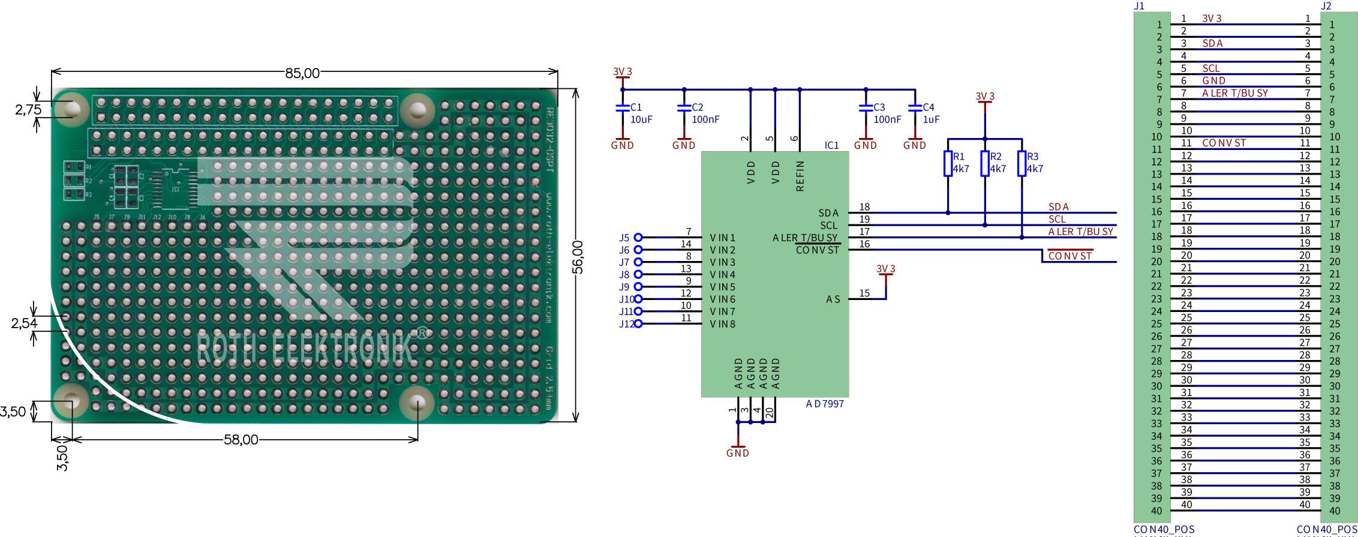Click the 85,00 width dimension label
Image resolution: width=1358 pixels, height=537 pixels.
(x=302, y=73)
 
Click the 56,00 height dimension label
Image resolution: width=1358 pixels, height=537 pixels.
(x=578, y=257)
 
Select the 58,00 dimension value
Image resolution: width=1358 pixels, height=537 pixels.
(x=241, y=440)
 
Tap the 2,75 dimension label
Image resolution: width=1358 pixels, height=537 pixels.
(x=28, y=109)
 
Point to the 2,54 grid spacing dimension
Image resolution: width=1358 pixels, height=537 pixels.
(x=24, y=323)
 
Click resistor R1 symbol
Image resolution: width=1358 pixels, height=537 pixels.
(x=948, y=163)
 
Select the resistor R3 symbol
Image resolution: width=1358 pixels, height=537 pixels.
(x=1021, y=163)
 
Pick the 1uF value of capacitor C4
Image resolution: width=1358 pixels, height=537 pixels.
(x=931, y=119)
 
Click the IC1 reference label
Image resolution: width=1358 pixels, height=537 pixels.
(x=831, y=145)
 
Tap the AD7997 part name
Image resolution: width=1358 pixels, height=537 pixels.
(x=824, y=404)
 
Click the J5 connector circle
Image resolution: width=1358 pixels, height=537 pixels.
(x=638, y=238)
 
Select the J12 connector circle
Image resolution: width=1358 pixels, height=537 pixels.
(x=638, y=323)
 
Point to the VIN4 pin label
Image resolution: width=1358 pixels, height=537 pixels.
(x=722, y=275)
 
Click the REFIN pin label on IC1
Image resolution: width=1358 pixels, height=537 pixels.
(x=799, y=176)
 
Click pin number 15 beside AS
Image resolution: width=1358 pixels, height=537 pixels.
(x=864, y=293)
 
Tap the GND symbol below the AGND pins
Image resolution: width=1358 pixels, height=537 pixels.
(x=738, y=450)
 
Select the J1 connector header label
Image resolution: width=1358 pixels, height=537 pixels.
(x=1139, y=6)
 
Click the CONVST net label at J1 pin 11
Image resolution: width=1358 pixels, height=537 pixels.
(x=1224, y=143)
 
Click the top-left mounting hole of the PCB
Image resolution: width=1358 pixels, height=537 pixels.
(x=71, y=108)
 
